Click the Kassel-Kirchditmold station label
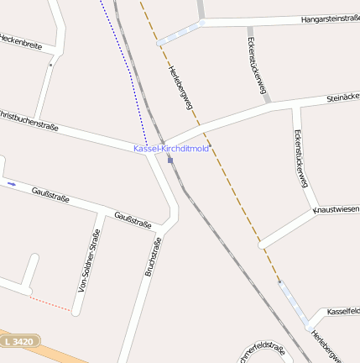(171, 149)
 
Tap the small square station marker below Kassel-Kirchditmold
(170, 160)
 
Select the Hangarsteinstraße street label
(330, 18)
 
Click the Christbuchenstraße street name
(29, 119)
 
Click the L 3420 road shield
(18, 342)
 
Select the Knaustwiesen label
(337, 208)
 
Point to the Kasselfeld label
(343, 311)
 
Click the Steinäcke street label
(342, 99)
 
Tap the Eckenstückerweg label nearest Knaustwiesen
(300, 157)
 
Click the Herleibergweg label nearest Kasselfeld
(326, 345)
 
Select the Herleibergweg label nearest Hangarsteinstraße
(181, 87)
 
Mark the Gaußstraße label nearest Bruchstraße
(133, 219)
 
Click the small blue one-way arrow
(12, 183)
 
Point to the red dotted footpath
(50, 303)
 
